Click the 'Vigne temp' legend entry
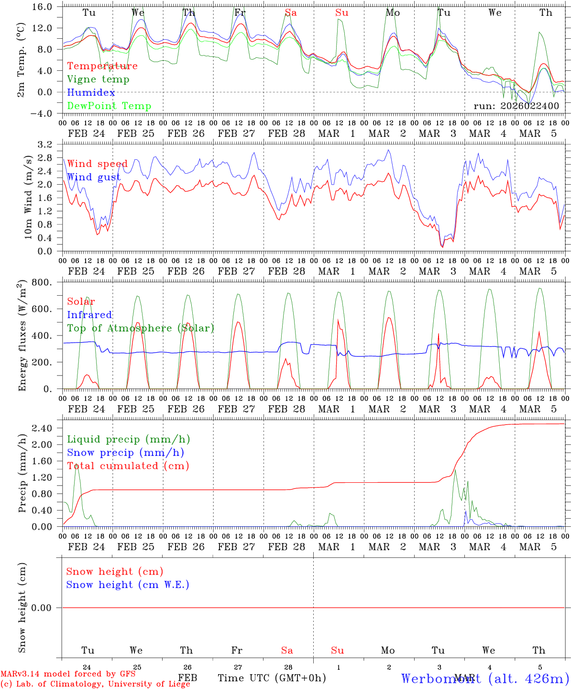tap(98, 79)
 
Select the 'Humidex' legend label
tap(91, 93)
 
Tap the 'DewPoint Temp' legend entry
tap(109, 106)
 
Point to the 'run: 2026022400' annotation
tap(516, 106)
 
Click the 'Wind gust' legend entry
tap(94, 178)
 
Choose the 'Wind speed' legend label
tap(97, 164)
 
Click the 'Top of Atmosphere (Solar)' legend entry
tap(141, 328)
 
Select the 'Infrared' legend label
tap(89, 315)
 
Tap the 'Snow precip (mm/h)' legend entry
tap(125, 453)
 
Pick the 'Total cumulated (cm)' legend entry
tap(128, 466)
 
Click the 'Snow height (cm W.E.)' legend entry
tap(128, 585)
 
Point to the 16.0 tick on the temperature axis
tap(44, 7)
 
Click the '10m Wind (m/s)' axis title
tap(28, 198)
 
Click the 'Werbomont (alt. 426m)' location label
tap(484, 678)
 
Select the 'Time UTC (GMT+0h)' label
tap(272, 678)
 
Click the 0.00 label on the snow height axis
tap(46, 608)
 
